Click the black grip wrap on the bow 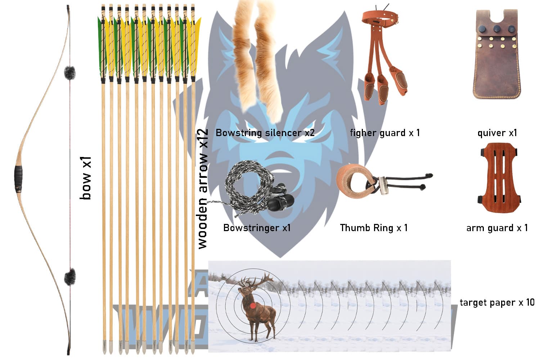click(18, 178)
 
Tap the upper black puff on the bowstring click(69, 73)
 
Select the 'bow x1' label click(86, 178)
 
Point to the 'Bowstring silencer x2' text click(265, 133)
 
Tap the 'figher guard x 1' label click(384, 133)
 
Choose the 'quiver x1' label click(497, 133)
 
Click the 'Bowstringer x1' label click(257, 228)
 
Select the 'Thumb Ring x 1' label click(374, 228)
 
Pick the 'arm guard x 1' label click(497, 228)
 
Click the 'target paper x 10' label click(497, 302)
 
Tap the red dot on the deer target click(253, 306)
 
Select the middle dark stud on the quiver click(497, 29)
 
